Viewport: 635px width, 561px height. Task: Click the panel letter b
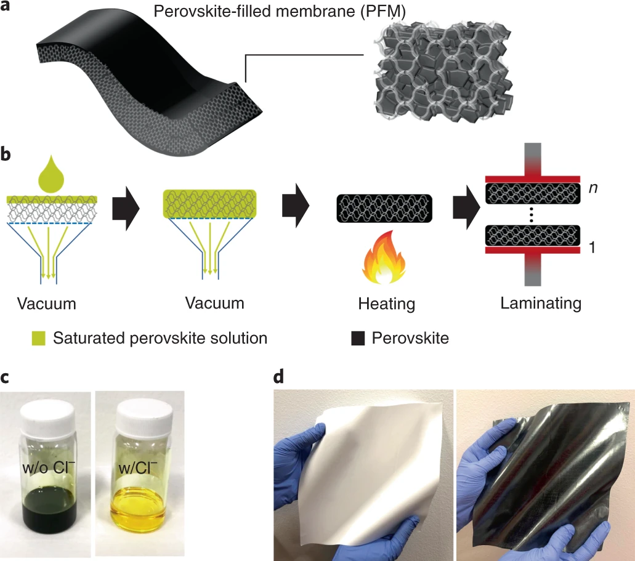click(x=6, y=154)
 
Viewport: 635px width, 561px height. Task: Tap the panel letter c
click(x=4, y=377)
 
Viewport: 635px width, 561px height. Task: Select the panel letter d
click(x=278, y=376)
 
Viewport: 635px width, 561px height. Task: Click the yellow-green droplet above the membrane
click(x=51, y=174)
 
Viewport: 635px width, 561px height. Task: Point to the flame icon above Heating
click(x=383, y=257)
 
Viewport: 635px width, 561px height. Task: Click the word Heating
click(x=386, y=304)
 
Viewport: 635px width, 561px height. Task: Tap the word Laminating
click(x=541, y=304)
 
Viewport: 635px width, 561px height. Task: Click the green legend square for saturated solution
click(x=39, y=338)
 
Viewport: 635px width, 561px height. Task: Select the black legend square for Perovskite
click(x=358, y=338)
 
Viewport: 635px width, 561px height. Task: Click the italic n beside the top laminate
click(x=593, y=188)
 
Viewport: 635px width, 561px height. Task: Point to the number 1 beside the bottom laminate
click(x=592, y=247)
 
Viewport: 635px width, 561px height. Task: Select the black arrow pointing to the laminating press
click(x=466, y=208)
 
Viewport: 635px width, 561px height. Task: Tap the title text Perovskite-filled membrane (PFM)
click(x=280, y=11)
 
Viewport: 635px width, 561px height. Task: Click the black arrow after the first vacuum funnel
click(x=126, y=209)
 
